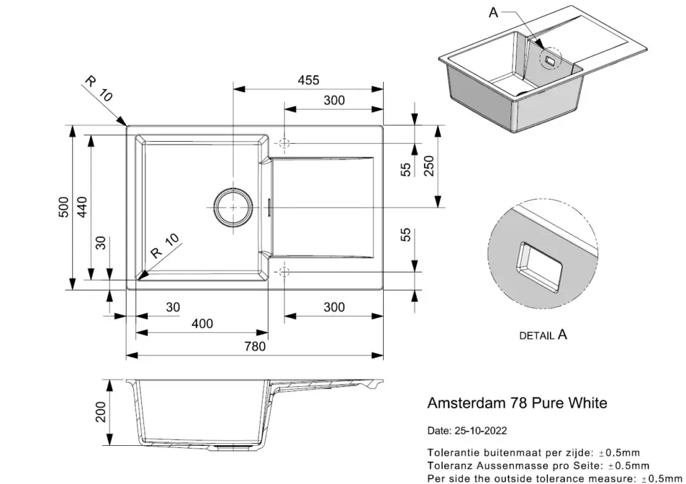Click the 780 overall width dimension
click(x=255, y=346)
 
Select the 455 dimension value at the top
click(x=308, y=80)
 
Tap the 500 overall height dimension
click(x=64, y=207)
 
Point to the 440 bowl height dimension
click(x=82, y=207)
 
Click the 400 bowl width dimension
click(x=202, y=323)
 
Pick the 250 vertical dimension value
click(x=429, y=166)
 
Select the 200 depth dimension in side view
click(x=101, y=412)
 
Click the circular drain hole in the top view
click(x=233, y=208)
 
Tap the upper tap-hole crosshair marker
click(x=284, y=143)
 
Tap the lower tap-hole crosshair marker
click(x=284, y=272)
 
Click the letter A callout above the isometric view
click(x=493, y=13)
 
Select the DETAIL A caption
click(x=543, y=335)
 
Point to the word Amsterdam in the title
click(x=465, y=403)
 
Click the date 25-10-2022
click(x=481, y=430)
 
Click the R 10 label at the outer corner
click(x=98, y=89)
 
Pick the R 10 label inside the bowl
click(x=165, y=245)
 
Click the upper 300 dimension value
click(x=334, y=100)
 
